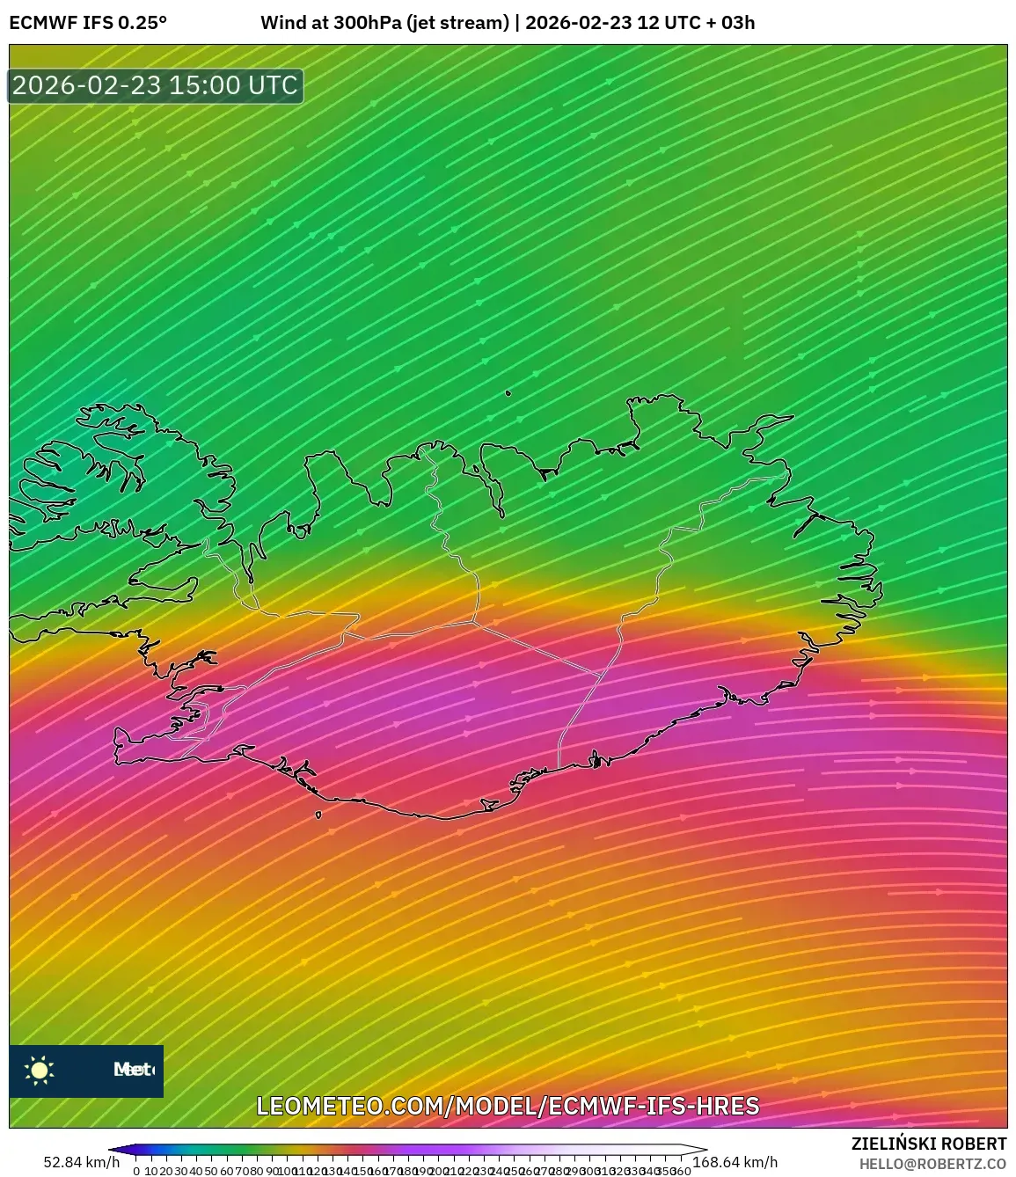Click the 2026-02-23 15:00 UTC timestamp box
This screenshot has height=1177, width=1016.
pyautogui.click(x=156, y=85)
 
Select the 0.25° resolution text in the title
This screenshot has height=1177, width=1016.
pyautogui.click(x=143, y=23)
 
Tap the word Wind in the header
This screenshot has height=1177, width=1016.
pyautogui.click(x=280, y=23)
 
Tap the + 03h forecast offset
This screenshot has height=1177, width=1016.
pyautogui.click(x=729, y=23)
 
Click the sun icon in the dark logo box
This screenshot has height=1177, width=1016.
pyautogui.click(x=40, y=1070)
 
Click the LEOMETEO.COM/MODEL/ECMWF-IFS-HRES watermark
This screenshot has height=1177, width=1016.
pyautogui.click(x=508, y=1106)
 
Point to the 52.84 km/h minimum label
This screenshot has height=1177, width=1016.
pyautogui.click(x=82, y=1162)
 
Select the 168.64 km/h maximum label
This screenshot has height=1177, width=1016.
pyautogui.click(x=735, y=1162)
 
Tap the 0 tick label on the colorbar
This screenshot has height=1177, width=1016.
pyautogui.click(x=136, y=1171)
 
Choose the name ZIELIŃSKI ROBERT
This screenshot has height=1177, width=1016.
pyautogui.click(x=929, y=1144)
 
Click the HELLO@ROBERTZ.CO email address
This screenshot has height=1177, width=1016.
pyautogui.click(x=932, y=1164)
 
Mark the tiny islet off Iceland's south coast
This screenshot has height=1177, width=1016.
pyautogui.click(x=318, y=815)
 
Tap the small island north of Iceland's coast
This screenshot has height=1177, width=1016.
pyautogui.click(x=508, y=393)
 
